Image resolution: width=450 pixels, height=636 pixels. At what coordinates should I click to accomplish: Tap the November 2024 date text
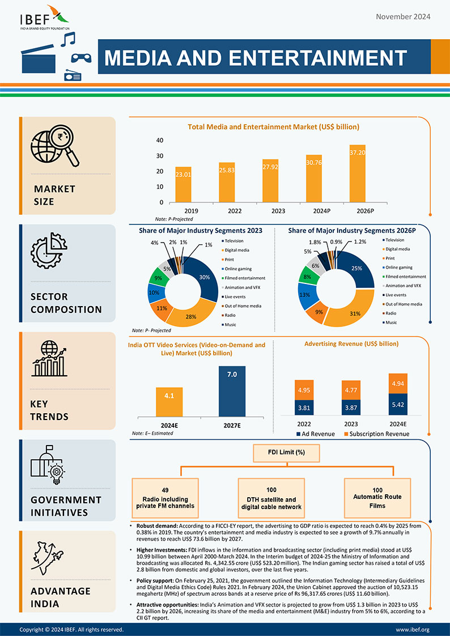403,16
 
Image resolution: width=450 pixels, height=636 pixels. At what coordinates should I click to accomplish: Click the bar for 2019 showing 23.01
182,184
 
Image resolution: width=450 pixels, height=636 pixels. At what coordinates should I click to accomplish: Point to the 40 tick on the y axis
160,141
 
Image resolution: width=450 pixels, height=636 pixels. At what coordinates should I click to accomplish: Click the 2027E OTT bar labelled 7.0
232,392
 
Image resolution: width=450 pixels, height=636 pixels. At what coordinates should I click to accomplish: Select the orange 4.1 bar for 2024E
169,401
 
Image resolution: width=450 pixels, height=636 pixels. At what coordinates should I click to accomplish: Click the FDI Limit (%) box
287,453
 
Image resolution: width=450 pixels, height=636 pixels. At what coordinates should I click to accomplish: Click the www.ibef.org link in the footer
412,630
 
